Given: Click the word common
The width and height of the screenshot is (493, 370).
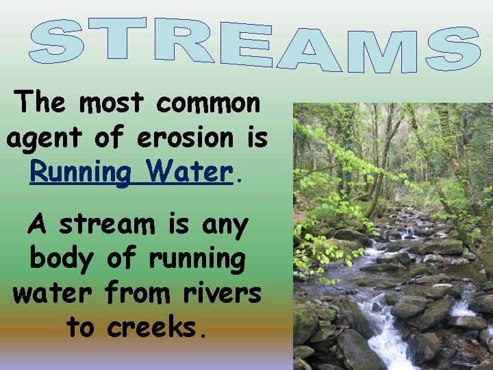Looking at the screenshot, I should coord(208,103).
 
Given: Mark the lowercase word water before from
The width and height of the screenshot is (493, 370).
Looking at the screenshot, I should coord(52,293).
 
